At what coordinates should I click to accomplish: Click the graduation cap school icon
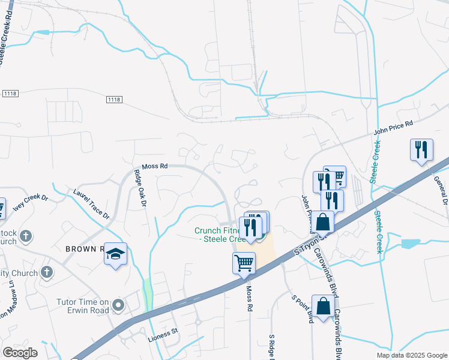click(116, 255)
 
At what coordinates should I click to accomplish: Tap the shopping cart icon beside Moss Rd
click(244, 263)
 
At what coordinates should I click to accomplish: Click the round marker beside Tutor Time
click(119, 306)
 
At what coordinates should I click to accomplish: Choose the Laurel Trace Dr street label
click(92, 203)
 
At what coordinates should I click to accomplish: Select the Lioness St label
click(163, 338)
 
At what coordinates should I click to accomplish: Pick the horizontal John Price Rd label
click(394, 127)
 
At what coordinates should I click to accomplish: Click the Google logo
click(20, 352)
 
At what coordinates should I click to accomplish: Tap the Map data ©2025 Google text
click(411, 355)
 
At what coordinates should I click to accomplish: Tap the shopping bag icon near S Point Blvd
click(323, 307)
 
